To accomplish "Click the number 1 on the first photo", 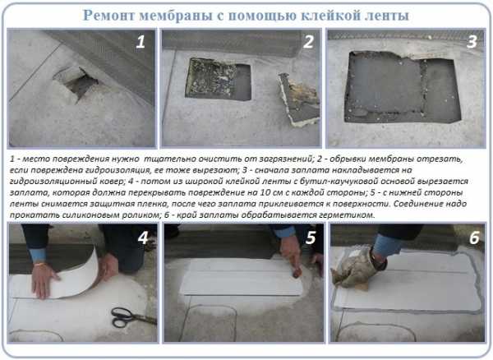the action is (x=141, y=42).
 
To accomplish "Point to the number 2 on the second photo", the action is (x=308, y=41).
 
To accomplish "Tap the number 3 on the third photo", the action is (x=472, y=41).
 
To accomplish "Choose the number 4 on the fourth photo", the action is (x=143, y=238).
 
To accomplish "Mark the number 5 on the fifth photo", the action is (x=311, y=238).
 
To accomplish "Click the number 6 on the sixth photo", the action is (x=474, y=238).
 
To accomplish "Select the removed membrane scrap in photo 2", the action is (x=299, y=99).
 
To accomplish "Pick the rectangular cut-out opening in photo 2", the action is (x=219, y=79).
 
